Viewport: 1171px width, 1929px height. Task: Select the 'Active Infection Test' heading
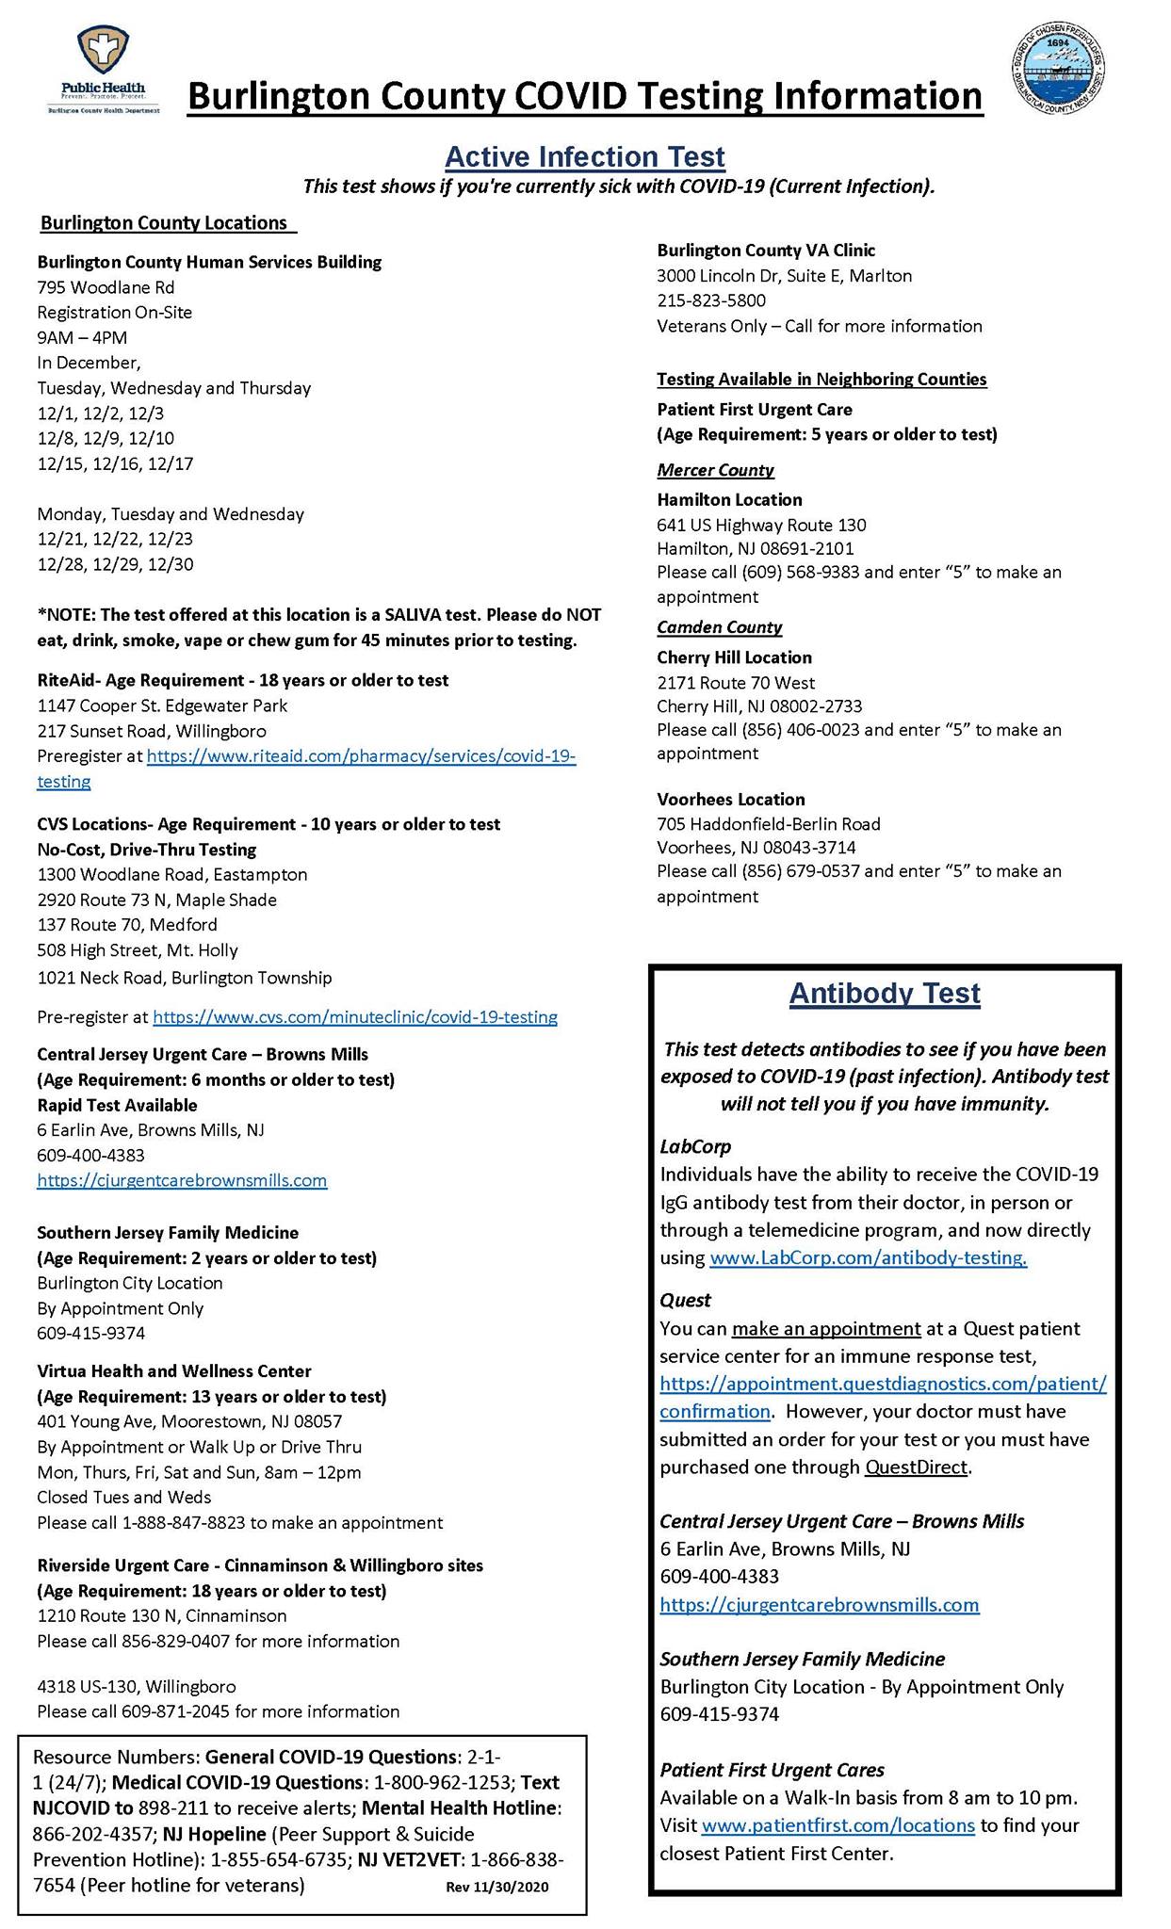pos(584,156)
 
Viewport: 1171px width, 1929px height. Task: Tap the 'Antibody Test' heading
pos(885,994)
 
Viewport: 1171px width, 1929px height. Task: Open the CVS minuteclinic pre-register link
pos(355,1017)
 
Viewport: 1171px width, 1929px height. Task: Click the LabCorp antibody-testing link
pos(868,1258)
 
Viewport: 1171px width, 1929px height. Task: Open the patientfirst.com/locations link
pos(838,1825)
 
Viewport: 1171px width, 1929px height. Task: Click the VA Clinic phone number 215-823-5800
pos(711,300)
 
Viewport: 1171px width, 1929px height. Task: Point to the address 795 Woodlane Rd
pos(106,287)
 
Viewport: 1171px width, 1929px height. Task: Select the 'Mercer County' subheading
pos(715,470)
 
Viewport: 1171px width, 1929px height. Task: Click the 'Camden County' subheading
pos(719,627)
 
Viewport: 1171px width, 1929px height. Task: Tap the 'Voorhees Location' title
pos(731,800)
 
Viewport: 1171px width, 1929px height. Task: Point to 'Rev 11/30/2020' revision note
pos(496,1887)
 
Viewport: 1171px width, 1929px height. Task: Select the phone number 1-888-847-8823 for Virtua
pos(184,1523)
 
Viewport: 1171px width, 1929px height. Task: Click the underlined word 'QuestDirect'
pos(916,1467)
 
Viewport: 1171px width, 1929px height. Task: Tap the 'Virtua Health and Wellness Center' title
pos(174,1371)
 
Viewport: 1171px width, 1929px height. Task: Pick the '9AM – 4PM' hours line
pos(82,337)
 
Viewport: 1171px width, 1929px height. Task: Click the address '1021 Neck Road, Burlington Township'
pos(185,978)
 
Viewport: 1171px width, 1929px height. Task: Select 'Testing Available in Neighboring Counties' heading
pos(821,380)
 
